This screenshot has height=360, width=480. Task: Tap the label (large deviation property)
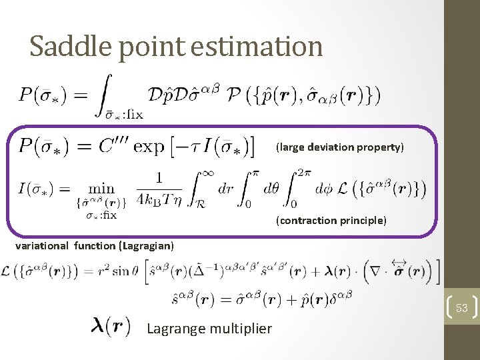click(x=340, y=147)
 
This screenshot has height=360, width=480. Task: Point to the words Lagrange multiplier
click(x=209, y=328)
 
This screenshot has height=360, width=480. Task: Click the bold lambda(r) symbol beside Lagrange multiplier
click(x=109, y=327)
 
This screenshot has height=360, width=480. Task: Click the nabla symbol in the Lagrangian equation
click(x=379, y=271)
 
